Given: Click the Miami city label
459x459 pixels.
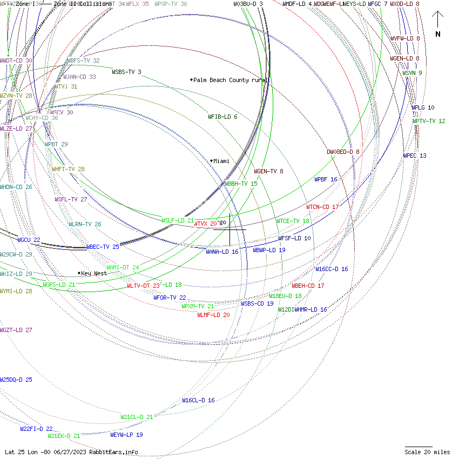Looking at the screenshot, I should point(221,161).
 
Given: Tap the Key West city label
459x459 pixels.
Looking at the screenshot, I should point(94,273).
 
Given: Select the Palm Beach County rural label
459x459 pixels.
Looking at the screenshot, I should point(231,80).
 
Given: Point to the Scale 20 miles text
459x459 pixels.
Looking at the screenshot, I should point(427,452).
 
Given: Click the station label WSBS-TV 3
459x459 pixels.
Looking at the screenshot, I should point(127,72).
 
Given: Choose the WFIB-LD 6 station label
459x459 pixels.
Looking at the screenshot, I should point(222,117).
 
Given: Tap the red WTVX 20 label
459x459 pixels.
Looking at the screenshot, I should point(206,224).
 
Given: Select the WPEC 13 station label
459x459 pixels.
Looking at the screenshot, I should point(415,156).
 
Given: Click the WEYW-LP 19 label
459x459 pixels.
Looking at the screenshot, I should point(126,435).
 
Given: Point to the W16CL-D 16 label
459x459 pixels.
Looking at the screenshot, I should point(198,400).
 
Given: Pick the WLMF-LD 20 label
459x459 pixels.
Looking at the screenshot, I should point(213,315).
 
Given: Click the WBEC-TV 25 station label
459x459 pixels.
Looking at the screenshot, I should point(103,247).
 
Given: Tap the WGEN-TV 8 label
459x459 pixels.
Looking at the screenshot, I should point(269,171).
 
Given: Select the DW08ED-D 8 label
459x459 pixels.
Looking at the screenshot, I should point(343,152).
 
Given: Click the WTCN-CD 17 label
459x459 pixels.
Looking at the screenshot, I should point(323,207).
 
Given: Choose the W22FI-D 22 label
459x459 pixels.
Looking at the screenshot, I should point(37,429).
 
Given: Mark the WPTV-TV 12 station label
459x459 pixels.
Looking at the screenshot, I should point(429,121).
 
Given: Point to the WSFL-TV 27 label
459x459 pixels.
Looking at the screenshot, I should point(71,199).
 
